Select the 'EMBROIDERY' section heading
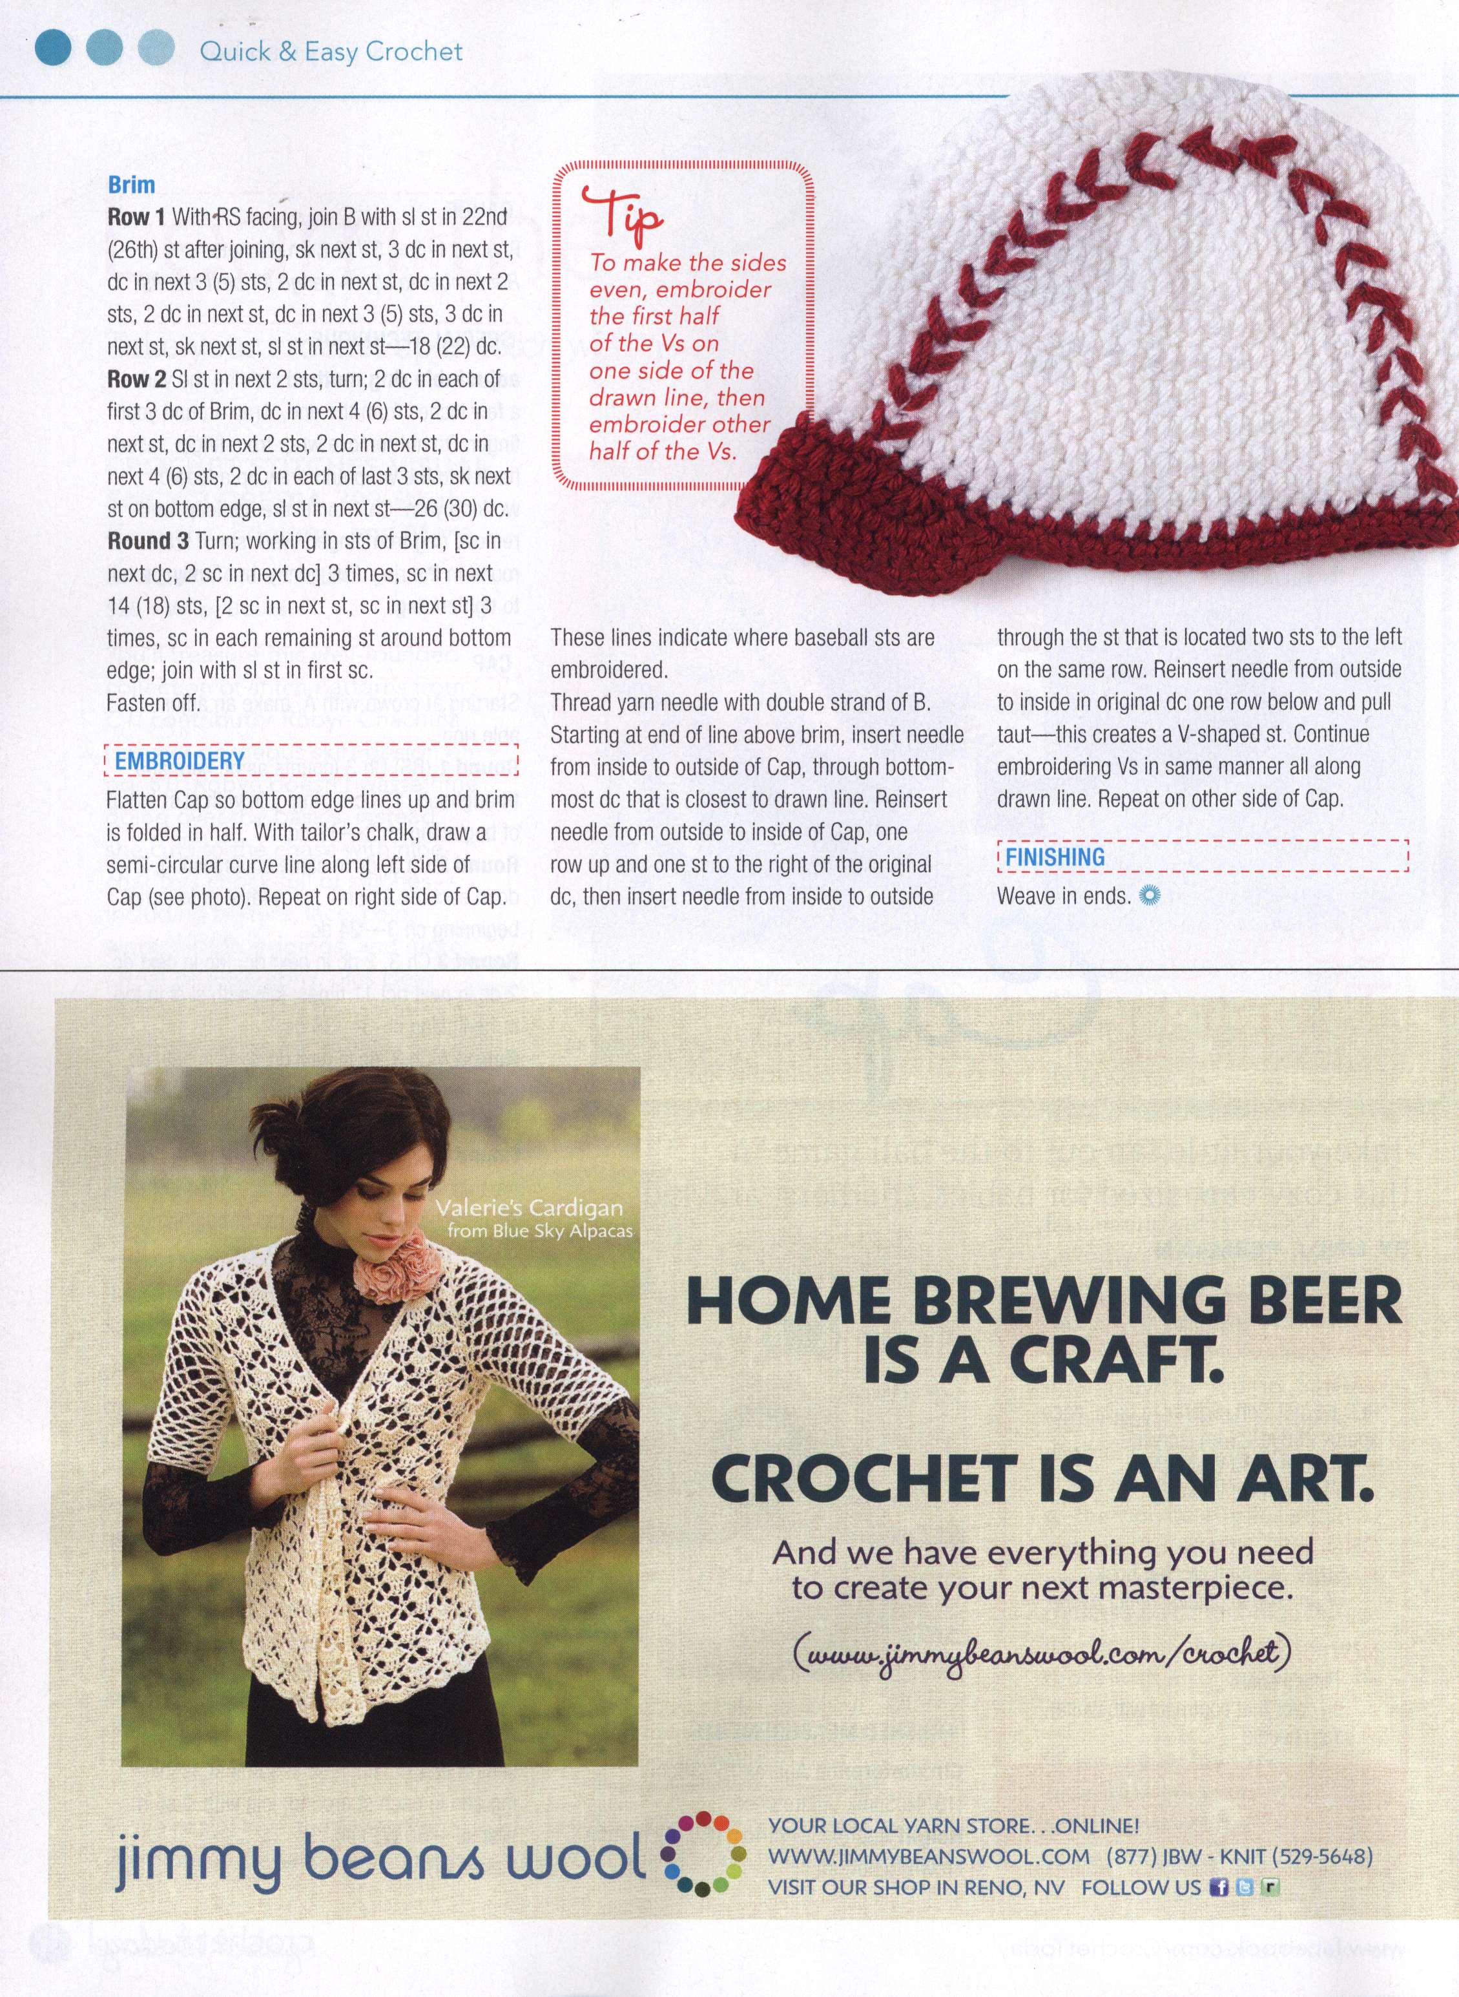pyautogui.click(x=173, y=760)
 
